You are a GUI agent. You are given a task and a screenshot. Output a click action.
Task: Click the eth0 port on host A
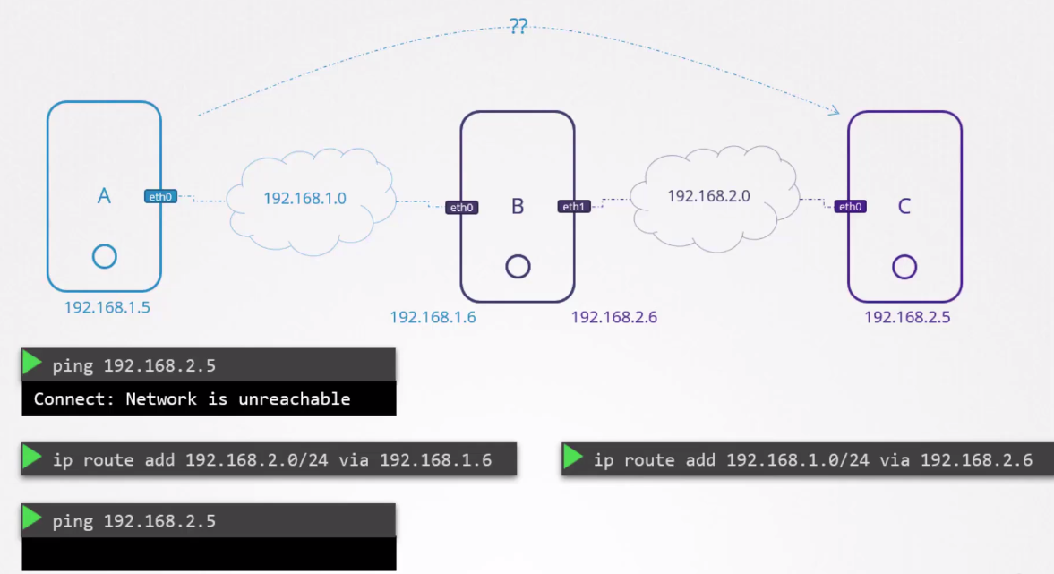click(161, 196)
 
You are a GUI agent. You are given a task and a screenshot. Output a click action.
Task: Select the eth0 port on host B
click(462, 207)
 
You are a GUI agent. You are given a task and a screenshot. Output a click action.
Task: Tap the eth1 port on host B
click(574, 206)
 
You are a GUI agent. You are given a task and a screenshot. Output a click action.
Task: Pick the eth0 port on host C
click(850, 206)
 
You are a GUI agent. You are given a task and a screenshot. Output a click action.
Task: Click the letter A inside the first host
click(104, 196)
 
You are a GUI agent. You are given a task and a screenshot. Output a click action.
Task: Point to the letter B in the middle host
click(518, 207)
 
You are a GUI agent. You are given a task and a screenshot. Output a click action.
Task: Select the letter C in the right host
click(904, 207)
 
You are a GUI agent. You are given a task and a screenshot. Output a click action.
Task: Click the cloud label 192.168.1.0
click(304, 198)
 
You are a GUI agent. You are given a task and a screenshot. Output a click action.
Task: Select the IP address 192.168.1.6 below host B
click(433, 317)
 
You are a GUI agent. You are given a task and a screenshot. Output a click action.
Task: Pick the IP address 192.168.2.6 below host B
click(614, 317)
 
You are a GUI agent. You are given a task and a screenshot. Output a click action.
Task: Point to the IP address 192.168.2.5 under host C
click(907, 317)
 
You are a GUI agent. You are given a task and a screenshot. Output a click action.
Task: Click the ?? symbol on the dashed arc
click(518, 26)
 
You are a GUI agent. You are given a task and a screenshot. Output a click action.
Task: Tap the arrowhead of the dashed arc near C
click(835, 111)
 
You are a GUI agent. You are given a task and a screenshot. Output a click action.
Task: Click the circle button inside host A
click(104, 256)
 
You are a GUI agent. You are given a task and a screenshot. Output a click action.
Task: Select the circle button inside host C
click(904, 266)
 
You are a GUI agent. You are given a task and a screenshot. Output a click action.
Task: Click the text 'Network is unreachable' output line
click(192, 398)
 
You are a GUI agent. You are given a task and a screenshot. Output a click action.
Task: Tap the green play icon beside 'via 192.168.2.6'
click(573, 458)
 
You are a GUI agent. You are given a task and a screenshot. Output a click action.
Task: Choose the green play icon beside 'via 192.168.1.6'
click(32, 458)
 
